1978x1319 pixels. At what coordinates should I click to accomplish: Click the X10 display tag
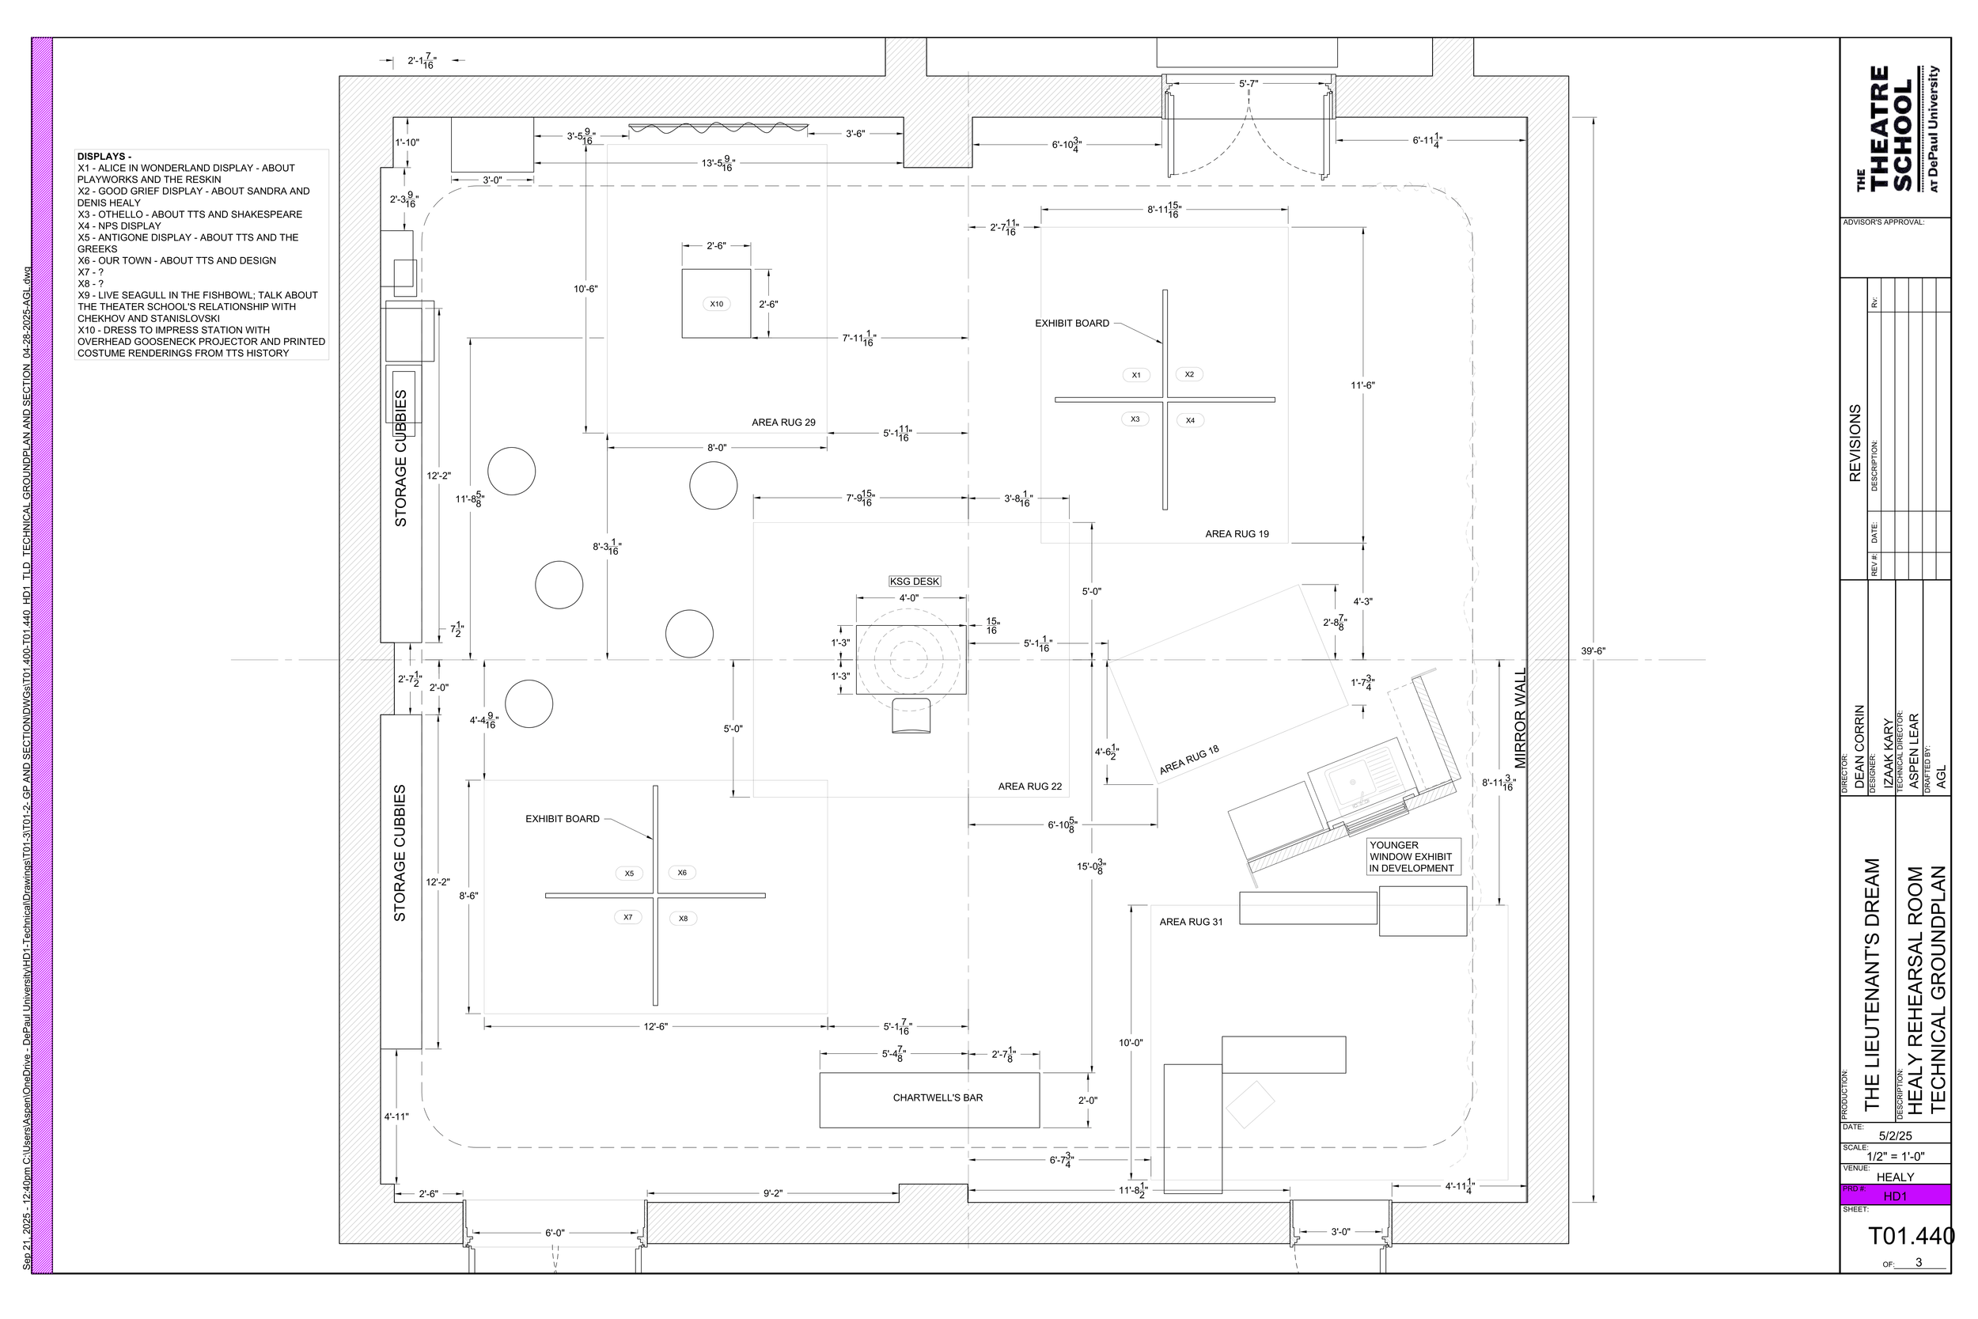716,304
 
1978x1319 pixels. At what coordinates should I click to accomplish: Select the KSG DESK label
914,582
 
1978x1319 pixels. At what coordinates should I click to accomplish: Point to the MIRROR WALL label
1520,718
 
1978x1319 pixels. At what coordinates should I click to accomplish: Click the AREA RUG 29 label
783,423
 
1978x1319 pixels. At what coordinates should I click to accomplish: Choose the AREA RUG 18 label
1188,760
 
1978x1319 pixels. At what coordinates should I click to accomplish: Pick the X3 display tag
1135,419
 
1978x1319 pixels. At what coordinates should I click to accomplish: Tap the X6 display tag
682,872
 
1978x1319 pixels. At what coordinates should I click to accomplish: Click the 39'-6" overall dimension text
1593,651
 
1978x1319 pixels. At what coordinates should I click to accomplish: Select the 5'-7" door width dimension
1248,83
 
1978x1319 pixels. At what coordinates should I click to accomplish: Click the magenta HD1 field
1895,1196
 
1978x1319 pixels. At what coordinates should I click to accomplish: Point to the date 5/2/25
1895,1135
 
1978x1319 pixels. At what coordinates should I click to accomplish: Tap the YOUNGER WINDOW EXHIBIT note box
1413,856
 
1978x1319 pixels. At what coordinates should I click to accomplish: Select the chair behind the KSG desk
911,715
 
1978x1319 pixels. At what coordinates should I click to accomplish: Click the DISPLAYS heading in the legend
104,157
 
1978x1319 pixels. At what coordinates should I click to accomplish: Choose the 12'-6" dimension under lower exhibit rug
655,1026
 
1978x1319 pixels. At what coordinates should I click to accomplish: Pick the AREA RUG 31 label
1191,922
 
